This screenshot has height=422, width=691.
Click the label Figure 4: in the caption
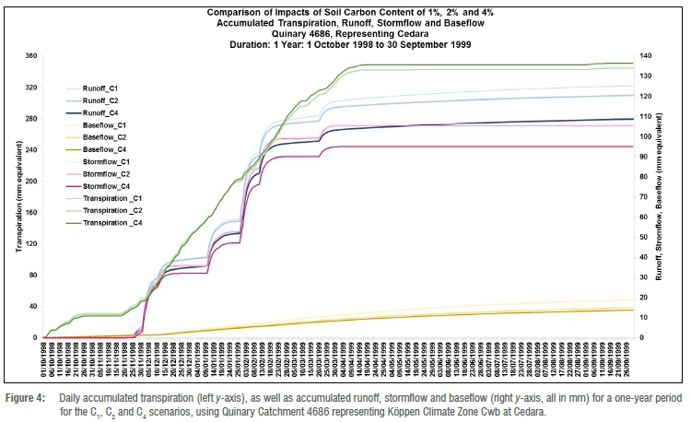[x=27, y=395]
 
